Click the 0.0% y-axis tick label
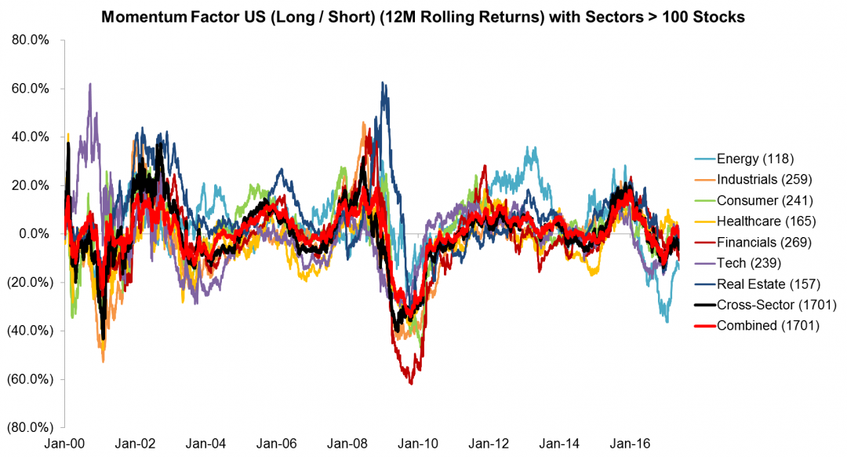tap(35, 234)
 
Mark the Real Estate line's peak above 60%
tap(382, 82)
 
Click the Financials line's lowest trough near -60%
tap(411, 383)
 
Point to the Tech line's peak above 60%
tap(90, 84)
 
